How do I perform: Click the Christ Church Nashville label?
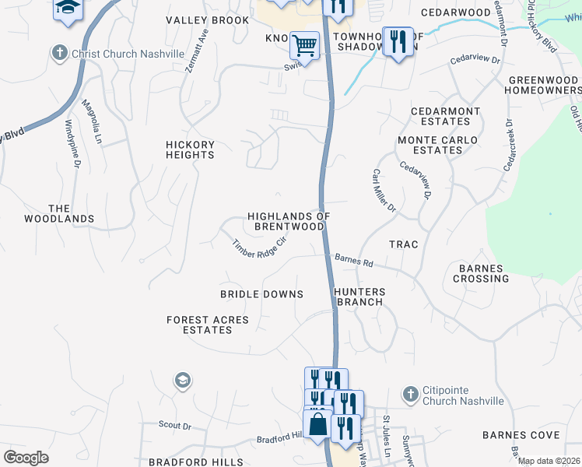pos(128,54)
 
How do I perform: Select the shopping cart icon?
pos(304,44)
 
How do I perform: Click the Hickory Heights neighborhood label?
pos(190,149)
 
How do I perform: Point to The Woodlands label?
pos(71,214)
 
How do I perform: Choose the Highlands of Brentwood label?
pos(289,221)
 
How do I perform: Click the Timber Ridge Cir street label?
pos(260,249)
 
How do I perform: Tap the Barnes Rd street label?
pos(353,261)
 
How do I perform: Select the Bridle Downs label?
pos(261,294)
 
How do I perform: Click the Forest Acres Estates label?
pos(208,325)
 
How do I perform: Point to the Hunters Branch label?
pos(359,297)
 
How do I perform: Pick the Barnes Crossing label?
pos(483,273)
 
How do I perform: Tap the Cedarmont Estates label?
pos(446,116)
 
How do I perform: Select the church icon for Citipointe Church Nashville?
pos(410,395)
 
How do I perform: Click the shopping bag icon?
pos(318,426)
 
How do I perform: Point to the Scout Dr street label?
pos(175,426)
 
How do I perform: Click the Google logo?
pos(26,457)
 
